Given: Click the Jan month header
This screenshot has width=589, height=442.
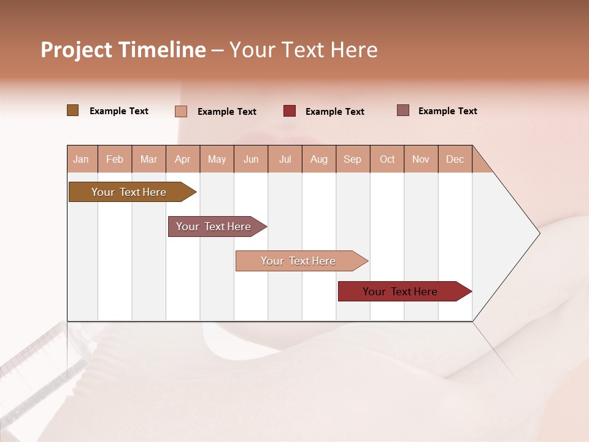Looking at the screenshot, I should coord(81,159).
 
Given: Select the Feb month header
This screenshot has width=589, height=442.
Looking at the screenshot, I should coord(115,159).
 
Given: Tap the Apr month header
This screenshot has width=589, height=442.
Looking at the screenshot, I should coord(183,159).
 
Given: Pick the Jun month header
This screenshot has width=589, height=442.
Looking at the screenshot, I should coord(251,159).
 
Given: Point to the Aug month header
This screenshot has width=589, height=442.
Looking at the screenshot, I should coord(319,159).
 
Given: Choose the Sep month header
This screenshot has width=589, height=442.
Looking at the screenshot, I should coord(353,159).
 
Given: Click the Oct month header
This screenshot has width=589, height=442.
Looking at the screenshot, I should coord(387,159).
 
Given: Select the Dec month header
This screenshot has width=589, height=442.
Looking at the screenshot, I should coord(455,159).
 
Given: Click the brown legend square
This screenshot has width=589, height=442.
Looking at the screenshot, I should coord(72,110).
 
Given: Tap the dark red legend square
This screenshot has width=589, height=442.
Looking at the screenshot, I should coord(290,111).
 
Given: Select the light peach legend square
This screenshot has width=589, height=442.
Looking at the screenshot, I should coord(181,112).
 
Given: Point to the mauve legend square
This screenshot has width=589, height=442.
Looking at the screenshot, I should coord(402,110).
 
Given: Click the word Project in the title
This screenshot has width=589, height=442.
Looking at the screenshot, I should coord(76,50).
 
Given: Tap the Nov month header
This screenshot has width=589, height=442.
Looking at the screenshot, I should coord(421,159).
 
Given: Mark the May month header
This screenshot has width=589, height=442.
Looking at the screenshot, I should coord(217,159).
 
